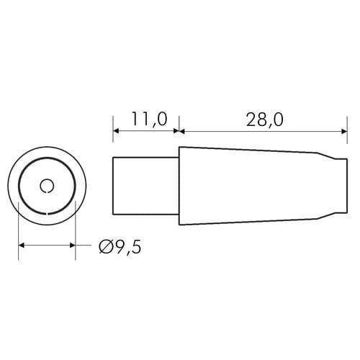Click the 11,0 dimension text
point(149,120)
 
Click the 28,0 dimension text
point(265,120)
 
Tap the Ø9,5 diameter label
point(120,247)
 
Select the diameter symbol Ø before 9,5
point(105,247)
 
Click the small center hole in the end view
point(47,186)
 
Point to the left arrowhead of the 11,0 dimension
point(116,131)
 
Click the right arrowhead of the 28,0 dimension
point(344,131)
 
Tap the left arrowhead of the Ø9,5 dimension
point(22,246)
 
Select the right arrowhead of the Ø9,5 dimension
point(73,246)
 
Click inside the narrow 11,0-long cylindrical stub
point(145,186)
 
